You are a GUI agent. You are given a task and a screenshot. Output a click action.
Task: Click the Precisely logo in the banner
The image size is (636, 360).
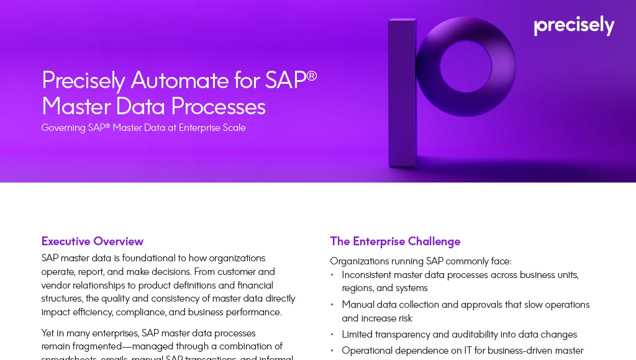point(574,26)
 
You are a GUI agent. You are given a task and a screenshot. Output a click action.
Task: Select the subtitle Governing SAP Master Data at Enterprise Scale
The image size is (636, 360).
point(143,128)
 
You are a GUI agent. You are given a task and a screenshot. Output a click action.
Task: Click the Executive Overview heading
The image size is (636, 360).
point(93,241)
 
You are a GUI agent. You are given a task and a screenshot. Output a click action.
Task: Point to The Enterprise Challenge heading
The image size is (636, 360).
point(395,241)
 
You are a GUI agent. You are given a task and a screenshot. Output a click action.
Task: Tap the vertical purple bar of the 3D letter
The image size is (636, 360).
point(402,93)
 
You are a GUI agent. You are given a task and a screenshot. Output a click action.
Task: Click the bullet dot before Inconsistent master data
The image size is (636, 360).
point(332,274)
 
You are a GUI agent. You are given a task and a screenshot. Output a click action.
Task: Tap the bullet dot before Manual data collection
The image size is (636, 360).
point(332,305)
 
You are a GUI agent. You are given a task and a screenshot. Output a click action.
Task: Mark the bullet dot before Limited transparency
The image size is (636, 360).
point(332,335)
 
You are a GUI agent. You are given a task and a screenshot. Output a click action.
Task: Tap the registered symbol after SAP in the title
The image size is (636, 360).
point(312,74)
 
